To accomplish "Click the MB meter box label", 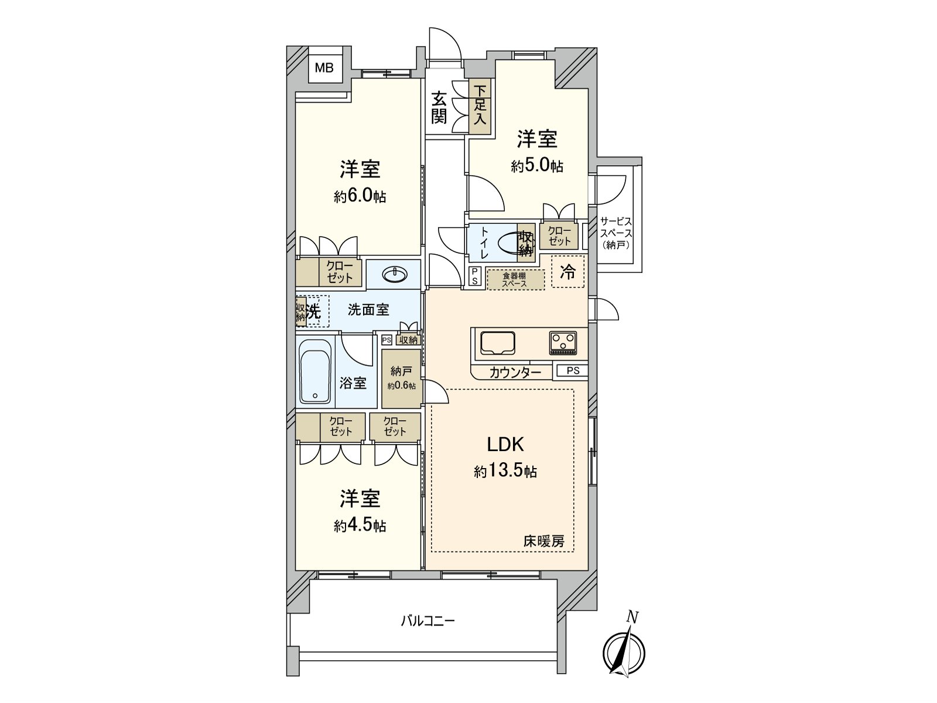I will pos(324,68).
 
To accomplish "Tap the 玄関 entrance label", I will pos(439,107).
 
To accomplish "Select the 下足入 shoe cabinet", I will pos(480,106).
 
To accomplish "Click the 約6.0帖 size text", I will pos(360,196).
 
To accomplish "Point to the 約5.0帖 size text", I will pos(536,166).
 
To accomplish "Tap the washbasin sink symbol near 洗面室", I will pos(395,274).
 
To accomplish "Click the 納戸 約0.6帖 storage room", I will pos(401,378).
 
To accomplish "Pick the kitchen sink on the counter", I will pos(498,343).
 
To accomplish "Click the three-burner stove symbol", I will pos(563,343).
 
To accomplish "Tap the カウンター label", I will pos(515,373).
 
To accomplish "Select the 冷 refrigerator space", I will pos(567,272).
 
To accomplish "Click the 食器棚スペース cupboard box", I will pos(515,279).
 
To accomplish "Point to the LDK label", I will pos(505,445).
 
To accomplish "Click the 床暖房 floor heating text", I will pos(543,542).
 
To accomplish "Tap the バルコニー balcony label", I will pos(428,620).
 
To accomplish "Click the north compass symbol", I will pos(624,651).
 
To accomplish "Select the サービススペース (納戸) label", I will pos(615,233).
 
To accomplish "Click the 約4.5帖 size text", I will pos(360,525).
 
